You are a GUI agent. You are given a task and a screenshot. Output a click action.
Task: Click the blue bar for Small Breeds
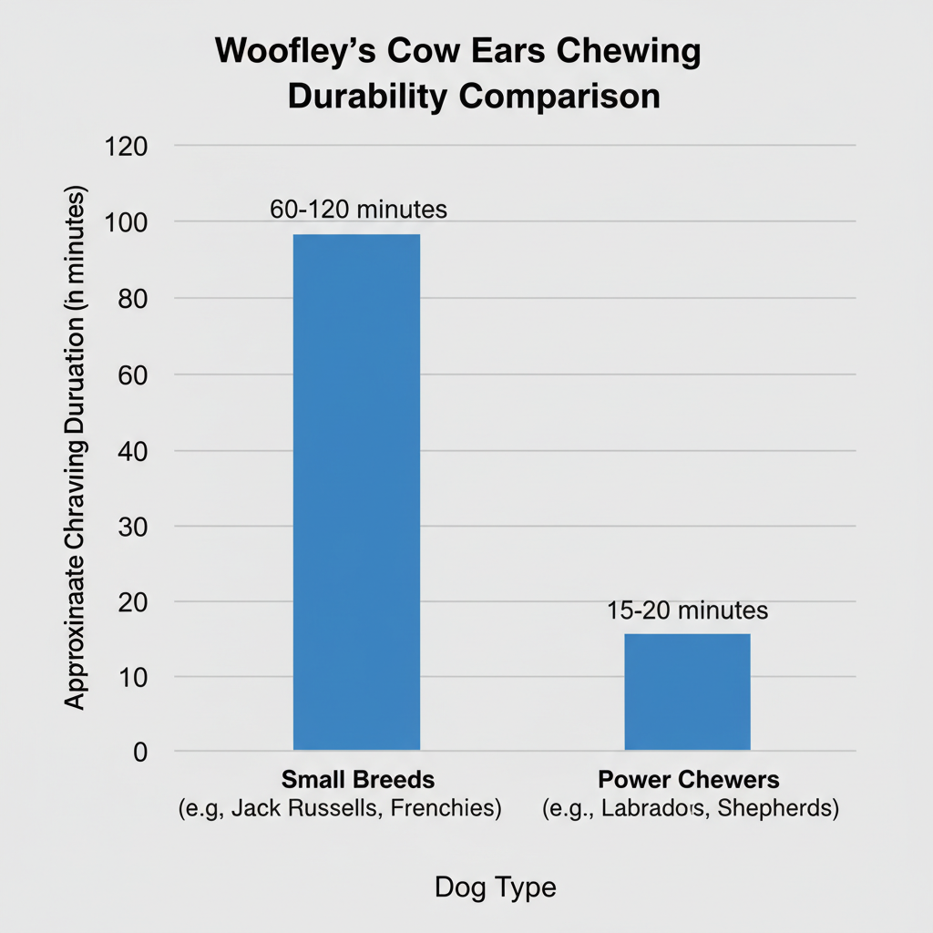pos(356,492)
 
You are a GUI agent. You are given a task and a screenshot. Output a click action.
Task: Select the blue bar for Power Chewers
pos(687,692)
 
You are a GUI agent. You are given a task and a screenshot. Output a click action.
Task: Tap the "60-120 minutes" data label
pos(359,209)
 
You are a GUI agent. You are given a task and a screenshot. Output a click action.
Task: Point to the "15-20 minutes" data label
pos(688,610)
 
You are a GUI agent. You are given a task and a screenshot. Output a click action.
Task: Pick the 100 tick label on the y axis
pos(134,222)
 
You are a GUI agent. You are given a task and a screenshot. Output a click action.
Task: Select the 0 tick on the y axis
pos(139,752)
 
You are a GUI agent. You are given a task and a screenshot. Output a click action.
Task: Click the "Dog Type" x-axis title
pos(495,887)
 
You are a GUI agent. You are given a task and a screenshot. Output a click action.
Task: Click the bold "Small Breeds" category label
pos(357,780)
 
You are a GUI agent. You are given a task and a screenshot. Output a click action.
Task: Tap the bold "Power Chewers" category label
pos(689,780)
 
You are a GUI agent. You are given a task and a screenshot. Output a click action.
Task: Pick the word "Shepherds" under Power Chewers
pos(780,808)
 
